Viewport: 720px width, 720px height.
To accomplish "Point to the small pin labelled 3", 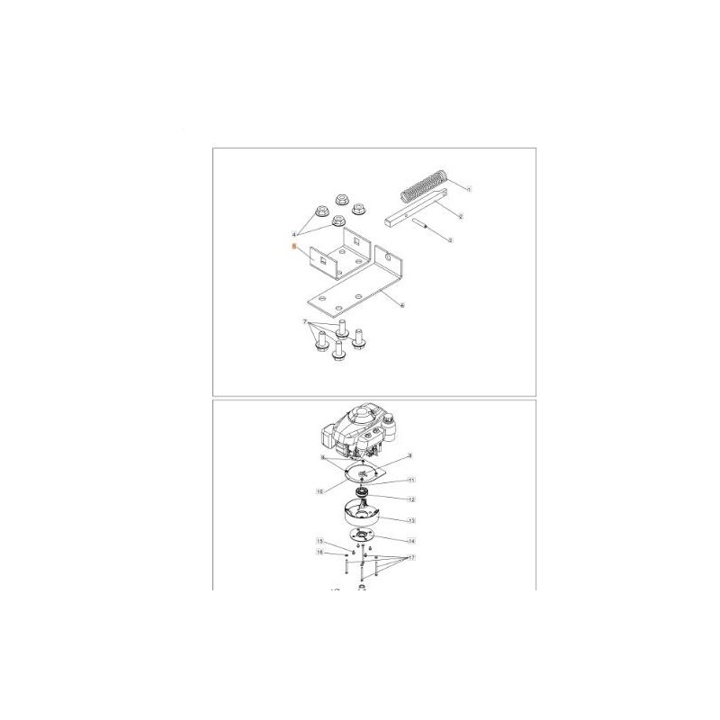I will point(426,229).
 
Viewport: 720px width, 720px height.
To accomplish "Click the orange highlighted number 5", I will point(292,246).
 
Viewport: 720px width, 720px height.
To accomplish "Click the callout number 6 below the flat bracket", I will point(402,305).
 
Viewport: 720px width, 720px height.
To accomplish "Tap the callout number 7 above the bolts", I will point(305,321).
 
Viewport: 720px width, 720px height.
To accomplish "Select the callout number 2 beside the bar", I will point(460,218).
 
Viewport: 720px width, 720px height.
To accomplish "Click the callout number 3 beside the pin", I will point(450,240).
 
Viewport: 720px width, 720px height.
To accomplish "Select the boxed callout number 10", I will point(319,492).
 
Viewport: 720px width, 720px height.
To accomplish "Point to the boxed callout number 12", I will point(410,499).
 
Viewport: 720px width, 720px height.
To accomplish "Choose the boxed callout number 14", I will point(410,541).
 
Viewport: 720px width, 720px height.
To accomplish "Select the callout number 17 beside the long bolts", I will point(410,558).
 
